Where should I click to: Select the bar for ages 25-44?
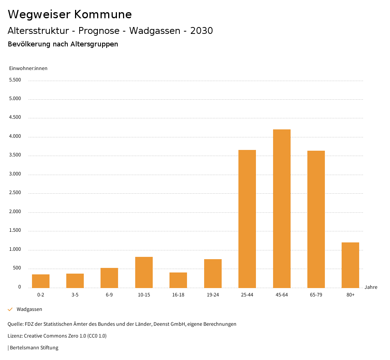pos(247,219)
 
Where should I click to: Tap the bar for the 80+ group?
pos(350,265)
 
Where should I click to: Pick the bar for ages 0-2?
pos(41,281)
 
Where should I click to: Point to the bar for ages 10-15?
pos(144,272)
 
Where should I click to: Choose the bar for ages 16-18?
pos(178,280)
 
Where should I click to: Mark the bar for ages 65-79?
pos(316,219)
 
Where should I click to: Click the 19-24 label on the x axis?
pos(213,295)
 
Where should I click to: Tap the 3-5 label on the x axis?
pos(75,295)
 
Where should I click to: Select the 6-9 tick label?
pos(109,295)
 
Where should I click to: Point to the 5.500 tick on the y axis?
pos(15,80)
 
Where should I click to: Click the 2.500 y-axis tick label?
pos(15,193)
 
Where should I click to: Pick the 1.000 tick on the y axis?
pos(15,249)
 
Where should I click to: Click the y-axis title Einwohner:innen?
pos(28,68)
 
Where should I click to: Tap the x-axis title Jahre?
pos(371,287)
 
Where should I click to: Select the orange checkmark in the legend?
pos(10,309)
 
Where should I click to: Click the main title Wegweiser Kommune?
pos(70,14)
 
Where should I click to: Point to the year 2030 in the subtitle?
pos(201,31)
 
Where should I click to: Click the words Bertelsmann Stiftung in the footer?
pos(34,347)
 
